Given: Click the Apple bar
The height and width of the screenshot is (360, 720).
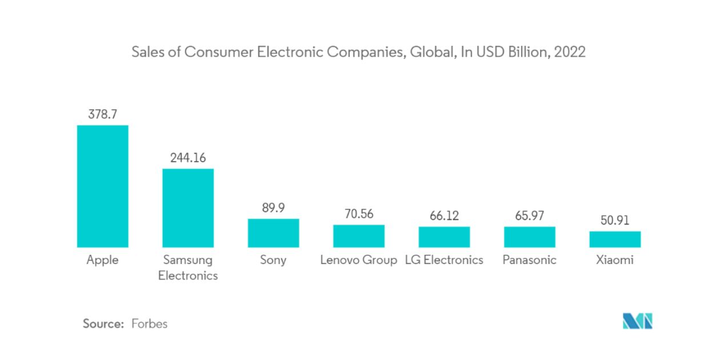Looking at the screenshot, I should [102, 186].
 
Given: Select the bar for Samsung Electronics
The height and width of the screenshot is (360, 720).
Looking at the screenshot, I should [188, 208].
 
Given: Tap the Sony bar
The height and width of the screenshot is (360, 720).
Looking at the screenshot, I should [273, 233].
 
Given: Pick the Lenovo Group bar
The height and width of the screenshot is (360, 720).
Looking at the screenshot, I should [359, 236].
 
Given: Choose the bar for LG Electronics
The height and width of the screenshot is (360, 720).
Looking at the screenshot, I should [444, 237].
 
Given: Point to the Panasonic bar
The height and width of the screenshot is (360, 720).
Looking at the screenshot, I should [529, 237].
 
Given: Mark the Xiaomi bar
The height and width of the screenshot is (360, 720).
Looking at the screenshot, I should [615, 239].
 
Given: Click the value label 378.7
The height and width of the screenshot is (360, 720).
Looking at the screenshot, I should [102, 114].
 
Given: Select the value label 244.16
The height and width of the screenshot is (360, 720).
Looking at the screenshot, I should [188, 158].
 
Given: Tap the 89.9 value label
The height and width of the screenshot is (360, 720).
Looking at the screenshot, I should [273, 208].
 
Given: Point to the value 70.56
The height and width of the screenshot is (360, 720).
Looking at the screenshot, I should [359, 214].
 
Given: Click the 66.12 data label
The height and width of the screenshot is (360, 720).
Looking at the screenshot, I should [444, 216].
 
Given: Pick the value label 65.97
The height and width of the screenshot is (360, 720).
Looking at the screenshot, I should [529, 216].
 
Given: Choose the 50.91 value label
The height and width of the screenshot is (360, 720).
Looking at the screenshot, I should [615, 221].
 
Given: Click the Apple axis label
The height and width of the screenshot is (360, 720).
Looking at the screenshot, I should [102, 260].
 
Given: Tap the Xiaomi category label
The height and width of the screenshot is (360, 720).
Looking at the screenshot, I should [615, 260].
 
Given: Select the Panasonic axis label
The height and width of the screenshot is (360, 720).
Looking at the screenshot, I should [529, 260].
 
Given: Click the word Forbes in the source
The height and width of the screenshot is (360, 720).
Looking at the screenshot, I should [149, 323].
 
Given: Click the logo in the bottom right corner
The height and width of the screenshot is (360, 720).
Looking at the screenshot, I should [637, 322].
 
